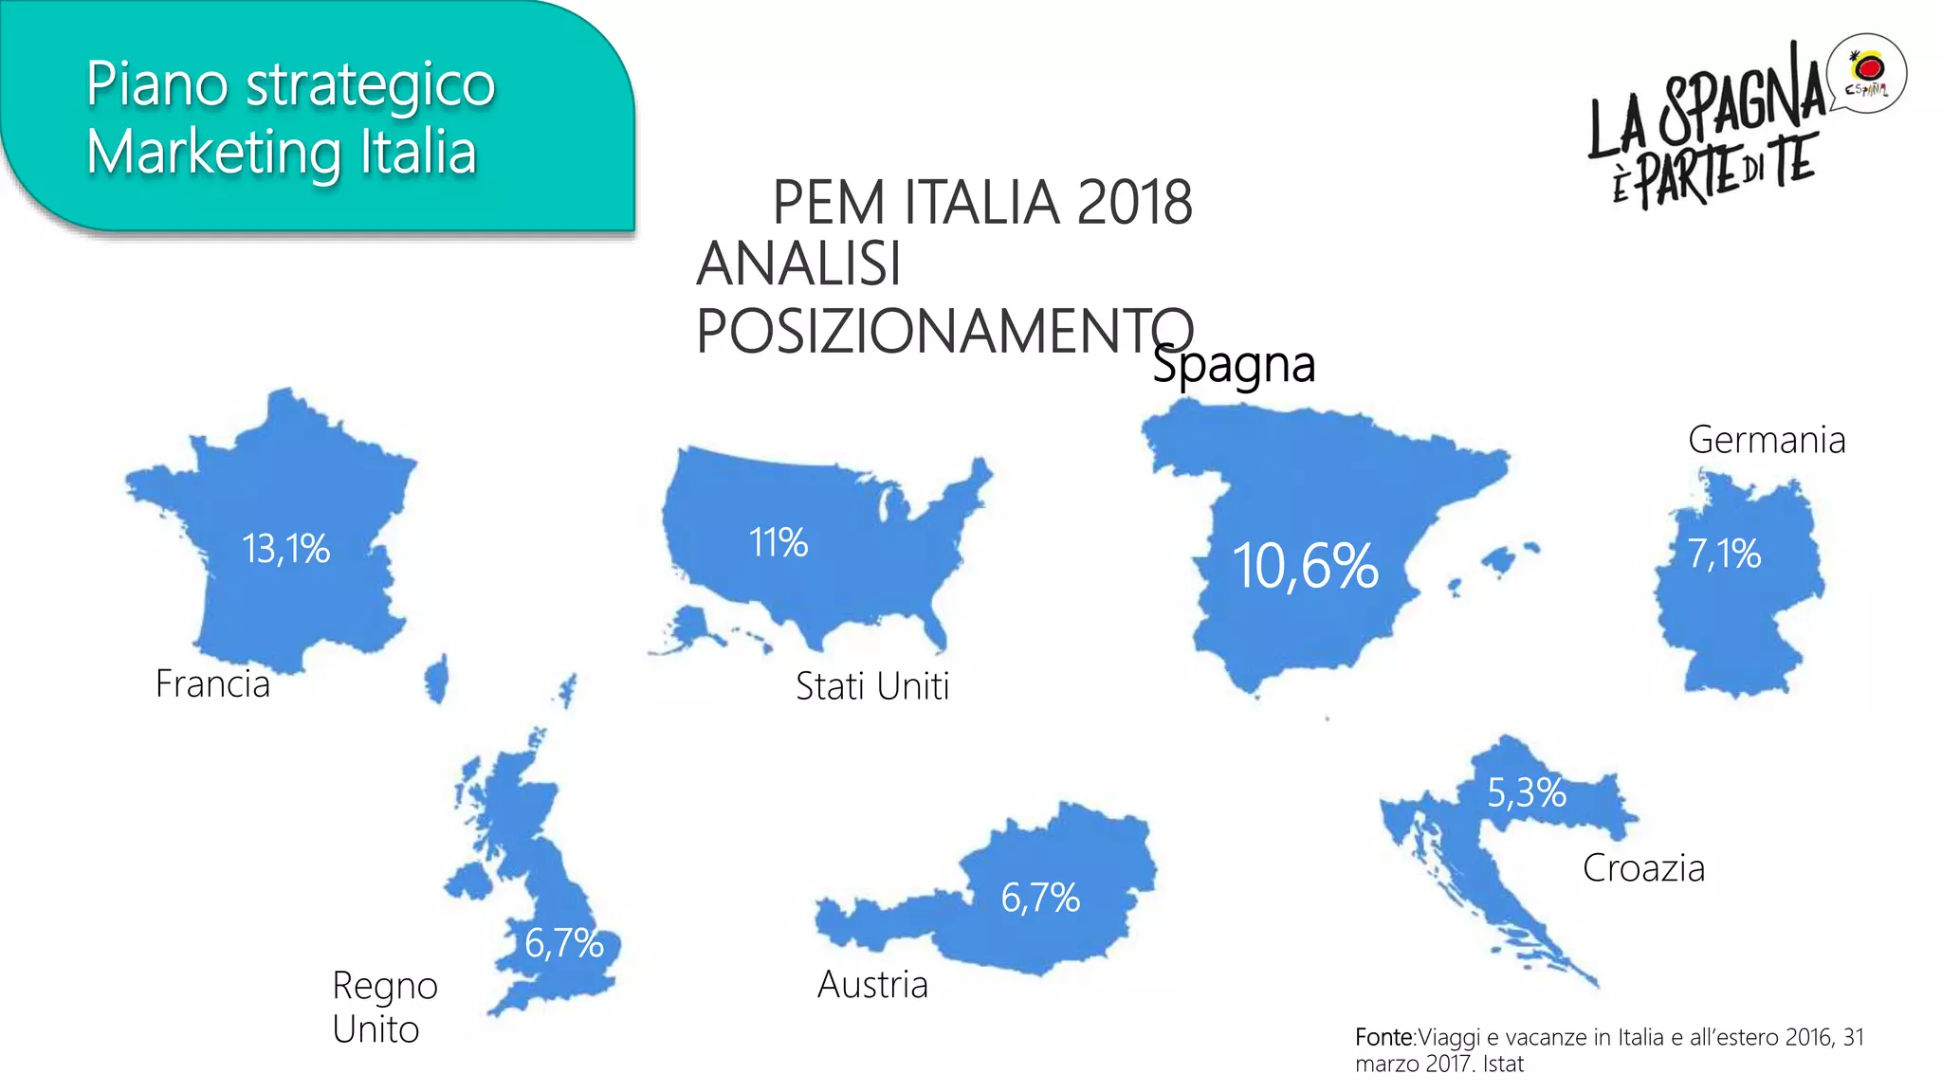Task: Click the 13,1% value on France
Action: (x=285, y=549)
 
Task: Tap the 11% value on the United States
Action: (x=778, y=543)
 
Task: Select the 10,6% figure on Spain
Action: (x=1305, y=567)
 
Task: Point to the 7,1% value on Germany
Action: (x=1724, y=554)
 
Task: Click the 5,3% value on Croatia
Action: (x=1526, y=792)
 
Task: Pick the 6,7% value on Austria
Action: (x=1040, y=898)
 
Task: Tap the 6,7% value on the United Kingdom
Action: (x=564, y=943)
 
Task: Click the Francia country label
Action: (x=212, y=683)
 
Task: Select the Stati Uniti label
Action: (x=872, y=686)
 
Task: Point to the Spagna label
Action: (x=1234, y=365)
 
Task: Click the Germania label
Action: (x=1767, y=440)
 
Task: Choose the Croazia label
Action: (x=1643, y=868)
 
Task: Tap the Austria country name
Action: (x=872, y=985)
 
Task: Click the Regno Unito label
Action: (x=384, y=1007)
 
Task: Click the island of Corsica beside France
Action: (x=437, y=679)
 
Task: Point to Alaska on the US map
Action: (x=688, y=628)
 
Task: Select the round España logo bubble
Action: (x=1867, y=74)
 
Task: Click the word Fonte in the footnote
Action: (x=1383, y=1037)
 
